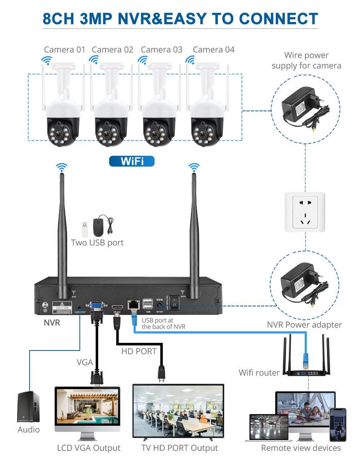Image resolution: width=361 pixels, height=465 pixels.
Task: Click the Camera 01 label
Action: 64,49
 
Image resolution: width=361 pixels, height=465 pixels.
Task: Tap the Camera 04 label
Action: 213,49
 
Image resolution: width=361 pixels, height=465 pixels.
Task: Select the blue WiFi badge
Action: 132,161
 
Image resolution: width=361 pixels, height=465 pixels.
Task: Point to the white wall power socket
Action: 305,212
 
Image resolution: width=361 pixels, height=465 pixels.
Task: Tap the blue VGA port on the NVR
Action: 96,307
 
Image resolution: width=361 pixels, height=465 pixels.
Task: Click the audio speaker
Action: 28,407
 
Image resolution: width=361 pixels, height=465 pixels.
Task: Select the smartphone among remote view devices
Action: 337,424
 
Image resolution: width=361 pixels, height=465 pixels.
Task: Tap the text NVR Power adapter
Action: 304,325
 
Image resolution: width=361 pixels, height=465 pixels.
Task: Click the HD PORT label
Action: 139,351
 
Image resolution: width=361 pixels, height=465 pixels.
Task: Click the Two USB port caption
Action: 97,242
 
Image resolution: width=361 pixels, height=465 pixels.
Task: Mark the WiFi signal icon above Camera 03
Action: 143,59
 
